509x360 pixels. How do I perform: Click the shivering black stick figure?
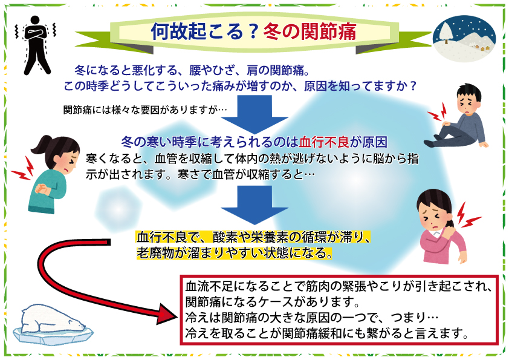coord(36,45)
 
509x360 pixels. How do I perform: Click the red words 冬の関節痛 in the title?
coord(310,31)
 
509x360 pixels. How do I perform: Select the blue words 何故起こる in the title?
coord(197,31)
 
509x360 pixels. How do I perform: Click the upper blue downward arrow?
coord(254,114)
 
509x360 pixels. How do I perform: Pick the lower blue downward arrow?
coord(254,205)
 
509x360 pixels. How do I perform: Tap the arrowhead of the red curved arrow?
coord(167,314)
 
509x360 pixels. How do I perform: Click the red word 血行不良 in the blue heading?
coord(324,142)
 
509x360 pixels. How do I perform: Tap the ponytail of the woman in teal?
coord(41,148)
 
